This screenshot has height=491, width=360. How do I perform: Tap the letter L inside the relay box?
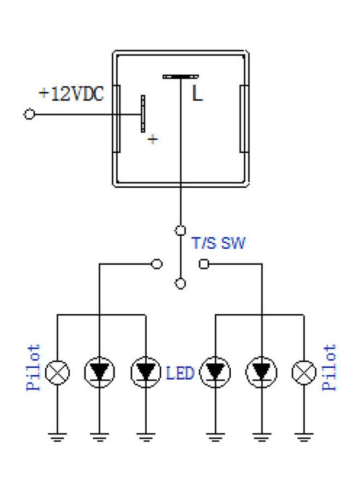[x=197, y=94]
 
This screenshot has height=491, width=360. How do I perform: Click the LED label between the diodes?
[x=180, y=374]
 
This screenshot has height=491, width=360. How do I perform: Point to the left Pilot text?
[x=34, y=368]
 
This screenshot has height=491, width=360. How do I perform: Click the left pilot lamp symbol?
[x=57, y=373]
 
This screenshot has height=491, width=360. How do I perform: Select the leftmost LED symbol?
[x=99, y=373]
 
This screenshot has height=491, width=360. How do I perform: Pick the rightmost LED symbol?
[x=262, y=373]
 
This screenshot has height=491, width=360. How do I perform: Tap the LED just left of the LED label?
[x=145, y=373]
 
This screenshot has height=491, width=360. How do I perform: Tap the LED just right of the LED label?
[x=215, y=373]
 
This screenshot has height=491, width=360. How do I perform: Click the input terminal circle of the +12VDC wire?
[x=29, y=115]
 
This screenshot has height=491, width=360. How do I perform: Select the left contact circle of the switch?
[x=157, y=264]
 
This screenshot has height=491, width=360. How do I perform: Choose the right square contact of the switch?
[x=204, y=264]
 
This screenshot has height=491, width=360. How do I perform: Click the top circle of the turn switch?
[x=180, y=230]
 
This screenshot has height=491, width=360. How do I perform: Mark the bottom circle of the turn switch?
[x=180, y=283]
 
